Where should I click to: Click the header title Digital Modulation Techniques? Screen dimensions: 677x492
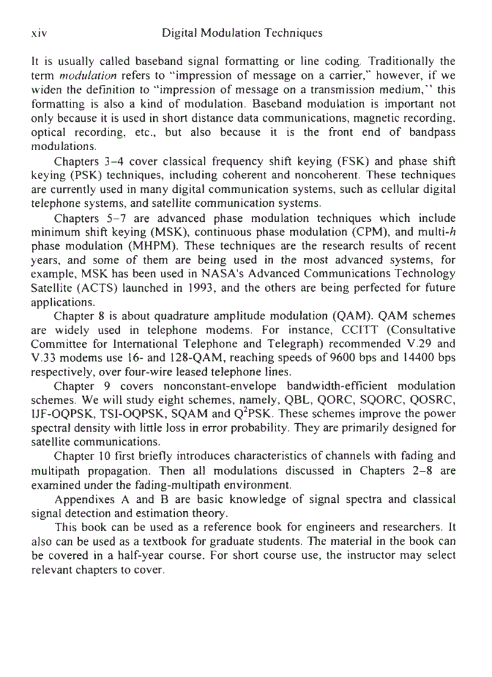pyautogui.click(x=243, y=34)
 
